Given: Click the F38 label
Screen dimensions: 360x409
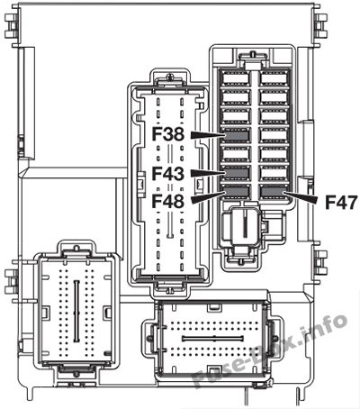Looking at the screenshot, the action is [x=167, y=134].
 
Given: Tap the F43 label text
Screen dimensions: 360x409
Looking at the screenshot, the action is [x=167, y=174].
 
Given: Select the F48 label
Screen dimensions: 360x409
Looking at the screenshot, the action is [x=167, y=201].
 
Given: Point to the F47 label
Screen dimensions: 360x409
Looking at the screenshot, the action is [x=341, y=202].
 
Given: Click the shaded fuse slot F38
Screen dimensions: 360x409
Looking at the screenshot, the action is [x=237, y=135].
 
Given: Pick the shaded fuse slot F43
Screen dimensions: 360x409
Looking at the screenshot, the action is [x=237, y=173].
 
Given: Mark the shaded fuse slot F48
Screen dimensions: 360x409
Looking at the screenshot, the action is [x=237, y=192].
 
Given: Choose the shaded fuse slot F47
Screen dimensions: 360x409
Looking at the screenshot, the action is [x=274, y=192].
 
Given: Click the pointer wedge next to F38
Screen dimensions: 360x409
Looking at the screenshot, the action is [x=208, y=135].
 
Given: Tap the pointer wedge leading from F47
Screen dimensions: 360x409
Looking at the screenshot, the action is [x=300, y=197].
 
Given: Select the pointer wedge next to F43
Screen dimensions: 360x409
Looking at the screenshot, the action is [x=208, y=173].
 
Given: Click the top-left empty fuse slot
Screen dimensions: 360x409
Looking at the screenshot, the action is [x=237, y=79].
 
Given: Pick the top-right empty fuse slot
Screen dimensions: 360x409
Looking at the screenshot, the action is [x=274, y=79].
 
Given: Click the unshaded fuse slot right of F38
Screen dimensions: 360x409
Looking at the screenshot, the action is [x=274, y=135].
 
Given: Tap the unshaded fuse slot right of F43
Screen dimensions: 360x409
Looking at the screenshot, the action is [x=274, y=173].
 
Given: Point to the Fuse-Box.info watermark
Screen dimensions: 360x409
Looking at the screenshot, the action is [x=269, y=351].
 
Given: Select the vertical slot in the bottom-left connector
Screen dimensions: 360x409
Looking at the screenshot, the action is [x=76, y=312].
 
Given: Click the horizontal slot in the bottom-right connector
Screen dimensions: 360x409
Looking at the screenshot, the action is [x=212, y=339].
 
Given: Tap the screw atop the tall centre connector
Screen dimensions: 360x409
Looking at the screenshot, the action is [x=170, y=77].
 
